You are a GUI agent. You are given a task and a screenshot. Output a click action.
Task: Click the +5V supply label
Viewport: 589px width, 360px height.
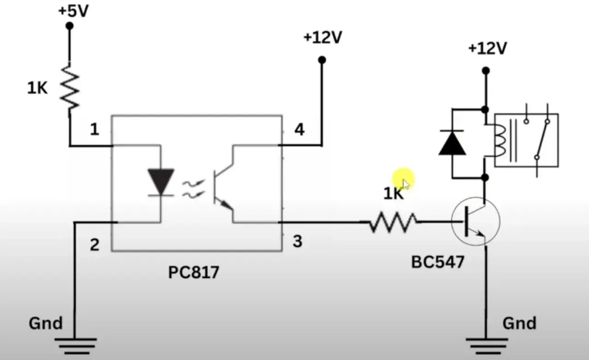[73, 11]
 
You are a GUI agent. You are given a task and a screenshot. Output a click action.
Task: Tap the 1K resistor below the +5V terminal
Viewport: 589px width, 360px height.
[69, 88]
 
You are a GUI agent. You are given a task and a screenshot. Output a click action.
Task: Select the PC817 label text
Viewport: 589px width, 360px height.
[194, 272]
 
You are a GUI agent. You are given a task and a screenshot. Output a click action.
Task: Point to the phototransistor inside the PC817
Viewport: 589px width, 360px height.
[224, 187]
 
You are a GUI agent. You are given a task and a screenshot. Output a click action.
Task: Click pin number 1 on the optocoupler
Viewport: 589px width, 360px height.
[95, 130]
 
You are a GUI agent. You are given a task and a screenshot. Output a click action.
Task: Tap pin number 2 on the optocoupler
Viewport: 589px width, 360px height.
[95, 245]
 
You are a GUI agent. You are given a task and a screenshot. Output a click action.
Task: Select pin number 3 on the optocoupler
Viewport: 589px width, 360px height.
[298, 241]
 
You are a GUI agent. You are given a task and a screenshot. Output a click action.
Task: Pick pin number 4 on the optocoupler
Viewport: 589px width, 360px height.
[300, 130]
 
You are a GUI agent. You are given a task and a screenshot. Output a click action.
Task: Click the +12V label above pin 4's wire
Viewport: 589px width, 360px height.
[323, 37]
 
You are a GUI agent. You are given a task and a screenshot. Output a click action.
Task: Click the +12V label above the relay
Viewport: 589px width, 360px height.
[488, 49]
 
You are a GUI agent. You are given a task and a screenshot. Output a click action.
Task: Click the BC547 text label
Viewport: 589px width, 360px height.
[438, 262]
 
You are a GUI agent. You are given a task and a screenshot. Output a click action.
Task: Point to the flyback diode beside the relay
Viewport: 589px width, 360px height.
[452, 143]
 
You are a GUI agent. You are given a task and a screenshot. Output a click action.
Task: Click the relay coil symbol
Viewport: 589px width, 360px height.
[500, 141]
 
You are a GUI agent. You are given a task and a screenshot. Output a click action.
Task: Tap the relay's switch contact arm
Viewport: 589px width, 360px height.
[542, 139]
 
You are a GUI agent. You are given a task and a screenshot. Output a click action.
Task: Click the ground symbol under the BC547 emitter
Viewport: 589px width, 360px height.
[486, 346]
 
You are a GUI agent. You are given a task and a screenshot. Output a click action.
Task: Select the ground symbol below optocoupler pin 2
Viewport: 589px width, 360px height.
[75, 346]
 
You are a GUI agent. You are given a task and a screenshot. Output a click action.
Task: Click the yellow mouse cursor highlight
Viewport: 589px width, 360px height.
[404, 179]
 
